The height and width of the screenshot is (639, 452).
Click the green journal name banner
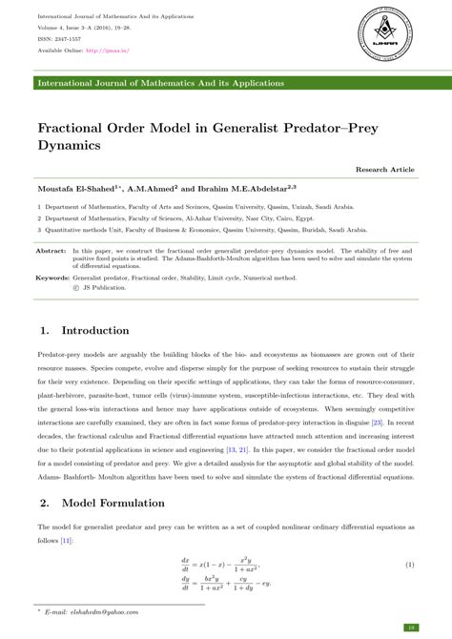pos(225,84)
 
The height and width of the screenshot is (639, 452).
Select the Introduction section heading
pos(94,330)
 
